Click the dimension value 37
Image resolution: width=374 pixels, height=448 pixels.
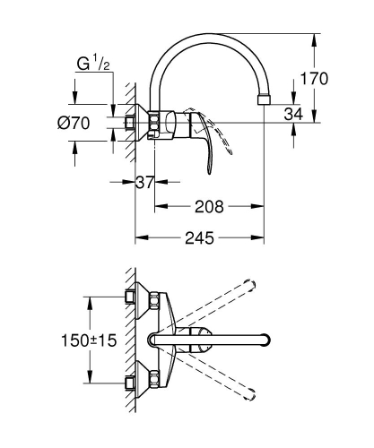point(144,183)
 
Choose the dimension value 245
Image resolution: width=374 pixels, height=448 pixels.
point(200,239)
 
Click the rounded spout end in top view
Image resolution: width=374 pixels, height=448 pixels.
point(265,340)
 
